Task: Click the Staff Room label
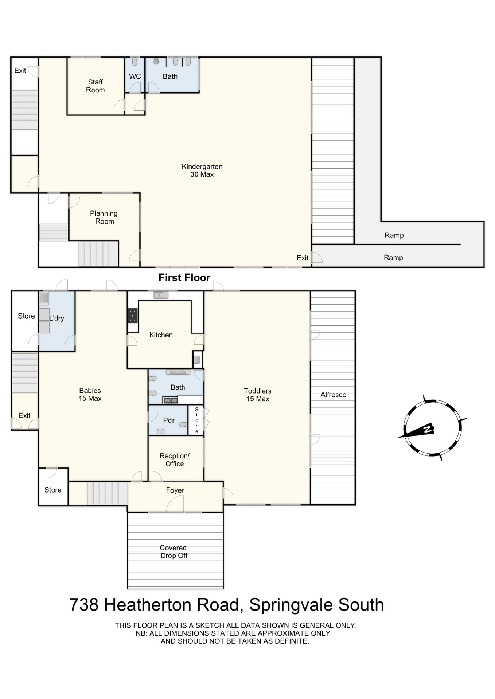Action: pyautogui.click(x=95, y=86)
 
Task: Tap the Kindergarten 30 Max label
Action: pyautogui.click(x=202, y=170)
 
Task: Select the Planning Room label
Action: pyautogui.click(x=104, y=217)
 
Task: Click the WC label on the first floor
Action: pyautogui.click(x=135, y=76)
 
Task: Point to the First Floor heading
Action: pyautogui.click(x=184, y=278)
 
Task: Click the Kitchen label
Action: pyautogui.click(x=161, y=335)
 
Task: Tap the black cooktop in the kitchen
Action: pyautogui.click(x=133, y=316)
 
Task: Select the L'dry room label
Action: pyautogui.click(x=57, y=318)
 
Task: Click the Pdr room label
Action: pyautogui.click(x=169, y=420)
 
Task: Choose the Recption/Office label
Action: pyautogui.click(x=175, y=460)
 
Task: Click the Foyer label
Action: pyautogui.click(x=175, y=490)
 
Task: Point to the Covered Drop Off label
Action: pyautogui.click(x=174, y=552)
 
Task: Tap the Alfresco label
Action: pyautogui.click(x=333, y=395)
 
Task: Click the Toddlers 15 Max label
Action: pyautogui.click(x=258, y=395)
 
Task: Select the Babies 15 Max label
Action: pyautogui.click(x=90, y=394)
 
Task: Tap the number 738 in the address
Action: pyautogui.click(x=84, y=605)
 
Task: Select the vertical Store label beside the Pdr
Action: pyautogui.click(x=196, y=420)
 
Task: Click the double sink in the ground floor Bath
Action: pyautogui.click(x=170, y=400)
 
